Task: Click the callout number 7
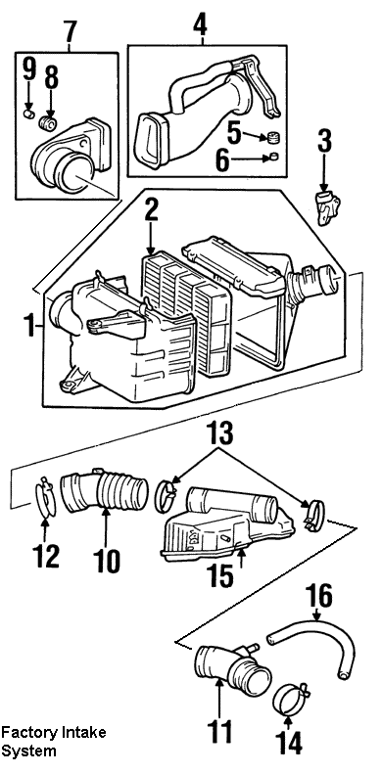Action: click(x=71, y=30)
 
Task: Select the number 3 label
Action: click(x=325, y=140)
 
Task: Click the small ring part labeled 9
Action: click(x=28, y=114)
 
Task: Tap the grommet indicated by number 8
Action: click(x=48, y=122)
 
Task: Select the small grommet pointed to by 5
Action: click(x=273, y=136)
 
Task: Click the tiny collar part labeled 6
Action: click(x=273, y=158)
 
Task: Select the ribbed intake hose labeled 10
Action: click(x=105, y=491)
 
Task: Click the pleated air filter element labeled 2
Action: click(x=187, y=312)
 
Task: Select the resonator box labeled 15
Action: click(x=226, y=523)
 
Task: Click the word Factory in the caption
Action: click(x=29, y=733)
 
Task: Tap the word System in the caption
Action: click(x=28, y=751)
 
